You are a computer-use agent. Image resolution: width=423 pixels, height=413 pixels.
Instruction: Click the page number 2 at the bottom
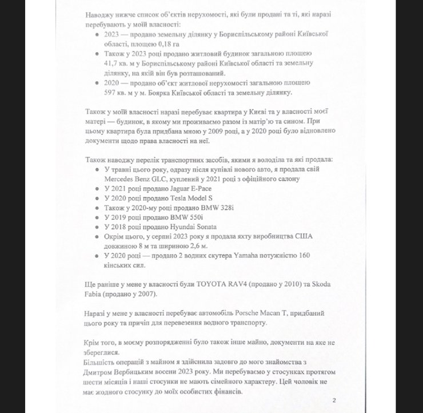point(333,400)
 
